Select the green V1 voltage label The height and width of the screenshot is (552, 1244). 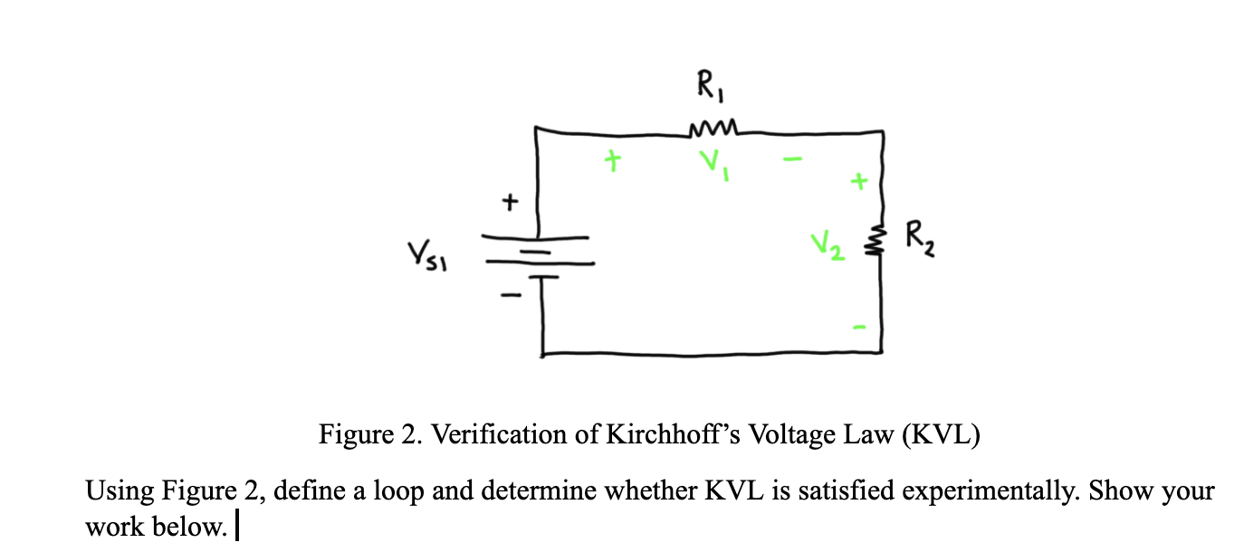coord(713,166)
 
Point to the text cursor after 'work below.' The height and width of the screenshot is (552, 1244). coord(236,526)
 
